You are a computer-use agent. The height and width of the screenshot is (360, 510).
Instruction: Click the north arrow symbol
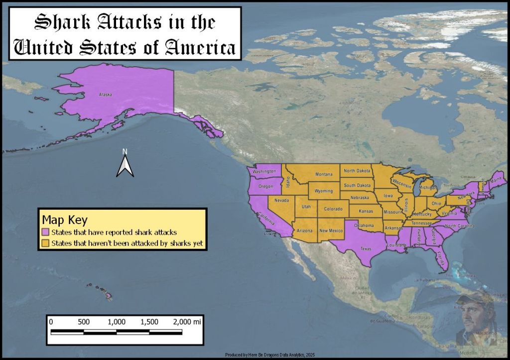tap(126, 165)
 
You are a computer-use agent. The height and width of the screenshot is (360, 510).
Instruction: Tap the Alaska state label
tap(106, 95)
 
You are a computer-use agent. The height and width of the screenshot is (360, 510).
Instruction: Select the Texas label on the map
tap(366, 249)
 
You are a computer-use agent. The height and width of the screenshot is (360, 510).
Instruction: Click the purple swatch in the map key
tap(45, 233)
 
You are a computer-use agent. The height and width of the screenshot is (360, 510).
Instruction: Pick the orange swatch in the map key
tap(45, 243)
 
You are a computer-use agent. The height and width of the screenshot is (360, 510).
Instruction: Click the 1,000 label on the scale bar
tap(117, 322)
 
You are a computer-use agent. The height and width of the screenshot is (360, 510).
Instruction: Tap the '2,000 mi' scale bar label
tap(187, 322)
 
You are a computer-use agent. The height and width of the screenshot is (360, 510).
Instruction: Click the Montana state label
tap(323, 174)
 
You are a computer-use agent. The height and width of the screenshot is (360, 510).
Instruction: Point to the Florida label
tap(440, 257)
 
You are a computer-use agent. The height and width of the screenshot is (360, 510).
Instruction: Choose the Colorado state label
tap(333, 209)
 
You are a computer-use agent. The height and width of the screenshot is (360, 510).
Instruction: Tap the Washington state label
tap(264, 172)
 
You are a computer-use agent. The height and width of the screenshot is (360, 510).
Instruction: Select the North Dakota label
tap(357, 171)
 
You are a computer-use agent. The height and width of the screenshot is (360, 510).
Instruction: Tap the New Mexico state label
tap(331, 231)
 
